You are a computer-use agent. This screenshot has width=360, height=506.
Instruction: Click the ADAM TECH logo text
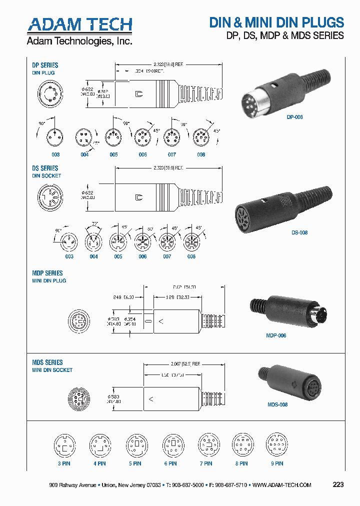tap(79, 24)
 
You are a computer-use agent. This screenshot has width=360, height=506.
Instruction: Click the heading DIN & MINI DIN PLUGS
tap(276, 22)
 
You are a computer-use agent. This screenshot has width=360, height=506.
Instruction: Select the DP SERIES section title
tap(45, 65)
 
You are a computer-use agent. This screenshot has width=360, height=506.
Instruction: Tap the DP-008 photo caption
tap(295, 117)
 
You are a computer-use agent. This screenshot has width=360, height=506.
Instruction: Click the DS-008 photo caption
tap(299, 232)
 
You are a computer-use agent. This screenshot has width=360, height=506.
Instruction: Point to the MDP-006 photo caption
tap(276, 335)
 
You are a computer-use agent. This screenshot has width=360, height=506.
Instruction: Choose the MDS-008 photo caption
tap(277, 404)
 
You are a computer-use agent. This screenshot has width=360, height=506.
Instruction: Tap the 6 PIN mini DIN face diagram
tap(172, 444)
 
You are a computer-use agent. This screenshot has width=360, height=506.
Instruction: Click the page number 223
tap(338, 484)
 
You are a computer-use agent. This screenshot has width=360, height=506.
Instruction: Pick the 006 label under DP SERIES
tap(143, 154)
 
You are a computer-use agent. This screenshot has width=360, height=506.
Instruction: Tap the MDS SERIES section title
tap(47, 362)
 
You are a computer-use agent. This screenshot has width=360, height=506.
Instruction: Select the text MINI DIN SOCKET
tap(52, 370)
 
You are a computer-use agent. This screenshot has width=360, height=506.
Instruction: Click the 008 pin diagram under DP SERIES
tap(201, 136)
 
